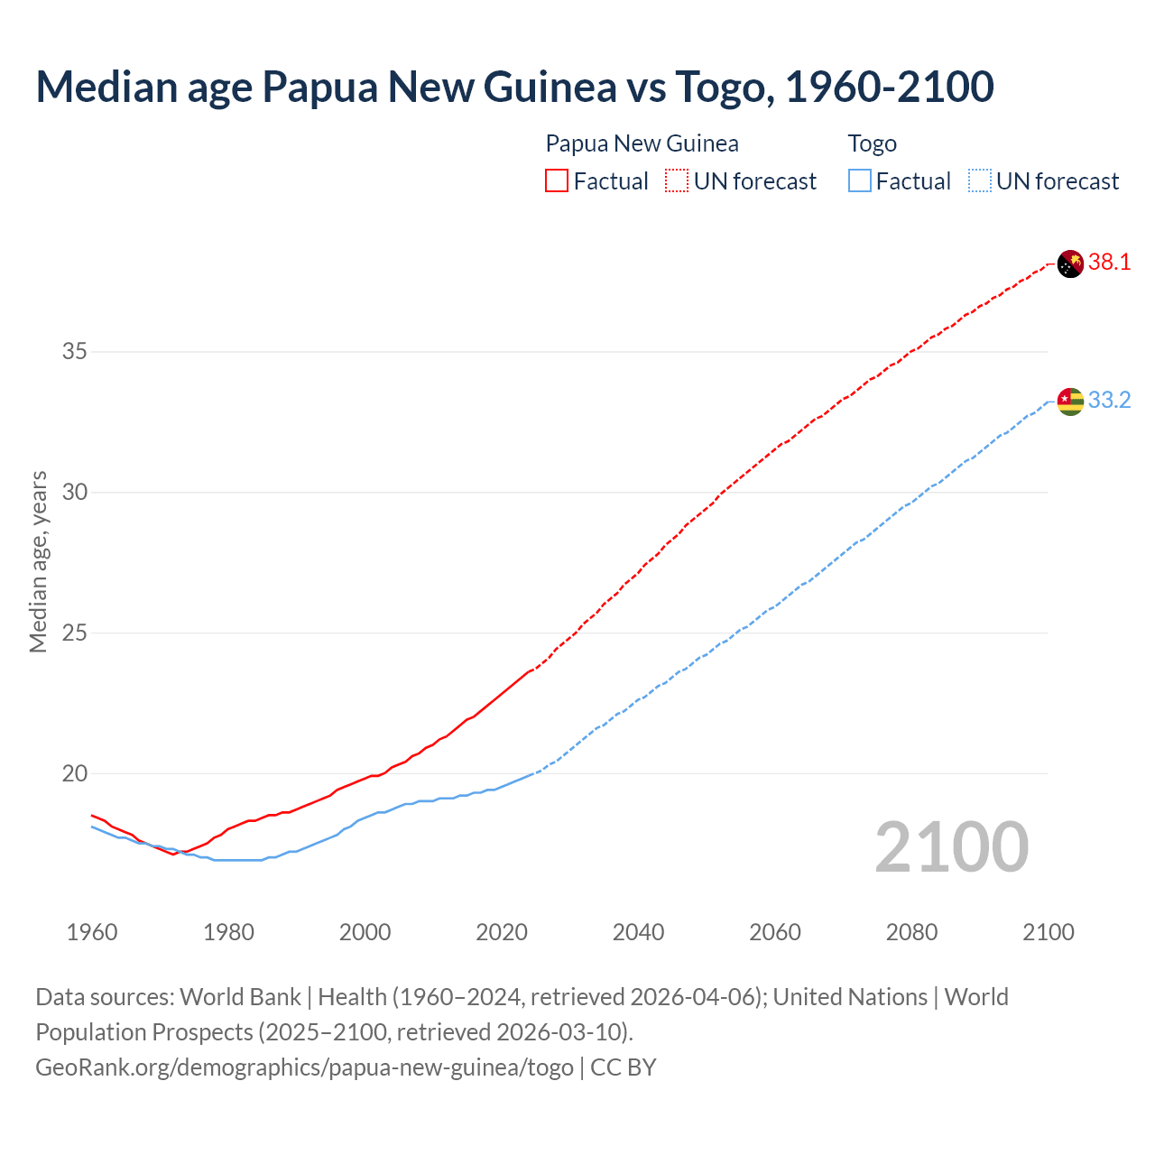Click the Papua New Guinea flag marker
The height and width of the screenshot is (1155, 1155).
coord(1070,264)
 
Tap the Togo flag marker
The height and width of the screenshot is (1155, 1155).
coord(1070,401)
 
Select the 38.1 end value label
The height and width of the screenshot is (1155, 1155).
coord(1109,263)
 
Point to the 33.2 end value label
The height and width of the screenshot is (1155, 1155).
coord(1109,400)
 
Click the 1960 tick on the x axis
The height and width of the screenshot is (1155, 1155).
coord(92,932)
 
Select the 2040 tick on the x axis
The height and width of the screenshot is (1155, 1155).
coord(638,932)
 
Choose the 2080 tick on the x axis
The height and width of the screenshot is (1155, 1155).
coord(911,932)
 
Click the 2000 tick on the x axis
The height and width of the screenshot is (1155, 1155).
coord(365,932)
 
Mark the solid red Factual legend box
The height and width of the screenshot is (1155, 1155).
coord(557,181)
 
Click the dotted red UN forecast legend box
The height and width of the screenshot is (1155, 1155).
coord(677,181)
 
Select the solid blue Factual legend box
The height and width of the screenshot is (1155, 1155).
coord(860,181)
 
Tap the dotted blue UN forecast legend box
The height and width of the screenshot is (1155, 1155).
coord(980,181)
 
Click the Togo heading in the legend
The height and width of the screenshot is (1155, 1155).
coord(872,143)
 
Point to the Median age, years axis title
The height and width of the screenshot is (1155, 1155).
coord(38,561)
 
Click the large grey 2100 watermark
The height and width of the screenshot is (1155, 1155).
coord(951,846)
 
